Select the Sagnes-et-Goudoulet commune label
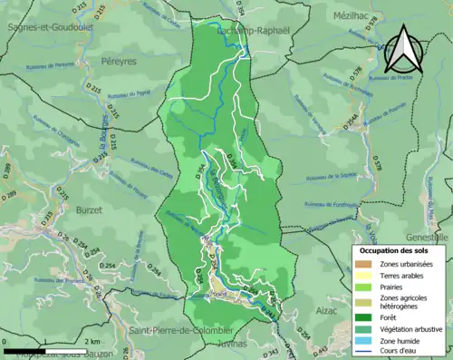pyautogui.click(x=46, y=27)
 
